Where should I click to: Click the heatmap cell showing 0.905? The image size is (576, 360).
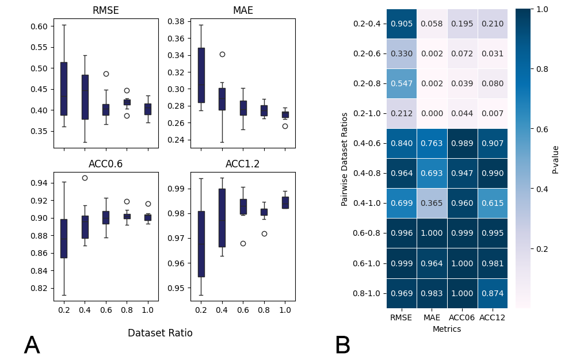[401, 24]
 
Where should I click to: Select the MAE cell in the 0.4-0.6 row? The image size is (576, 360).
[432, 144]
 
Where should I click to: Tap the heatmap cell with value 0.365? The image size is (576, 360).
[432, 204]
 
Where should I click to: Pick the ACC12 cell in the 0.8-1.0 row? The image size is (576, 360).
[493, 293]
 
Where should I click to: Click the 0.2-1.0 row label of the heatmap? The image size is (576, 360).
[367, 114]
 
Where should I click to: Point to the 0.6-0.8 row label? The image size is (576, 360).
[367, 233]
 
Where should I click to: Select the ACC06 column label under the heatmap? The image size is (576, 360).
[462, 317]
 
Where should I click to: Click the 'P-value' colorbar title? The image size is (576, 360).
[555, 159]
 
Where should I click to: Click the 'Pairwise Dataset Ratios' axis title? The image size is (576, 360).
[345, 159]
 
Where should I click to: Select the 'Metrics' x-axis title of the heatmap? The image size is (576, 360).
[447, 329]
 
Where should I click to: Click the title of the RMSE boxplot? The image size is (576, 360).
[106, 11]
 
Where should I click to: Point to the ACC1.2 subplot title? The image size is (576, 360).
[242, 164]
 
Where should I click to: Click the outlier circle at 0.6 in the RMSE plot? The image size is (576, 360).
[106, 74]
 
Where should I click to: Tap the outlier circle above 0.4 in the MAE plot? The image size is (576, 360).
[222, 54]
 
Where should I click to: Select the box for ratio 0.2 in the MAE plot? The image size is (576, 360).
[201, 75]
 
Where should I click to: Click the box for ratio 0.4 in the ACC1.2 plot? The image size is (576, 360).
[222, 218]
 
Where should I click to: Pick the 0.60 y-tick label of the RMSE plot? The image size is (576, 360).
[40, 26]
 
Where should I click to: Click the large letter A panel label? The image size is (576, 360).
[32, 346]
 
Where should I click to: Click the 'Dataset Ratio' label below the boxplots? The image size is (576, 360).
[160, 333]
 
